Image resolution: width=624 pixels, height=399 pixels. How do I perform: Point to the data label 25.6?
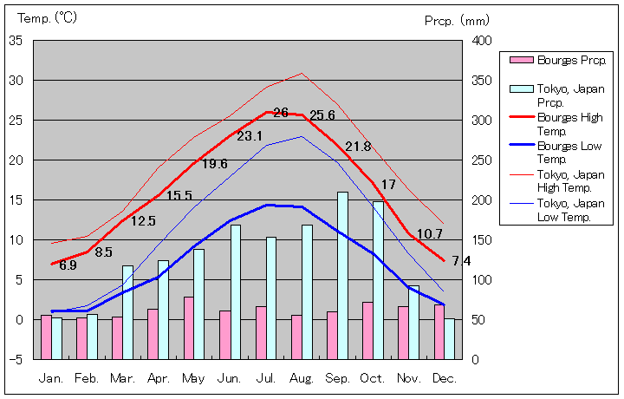pyautogui.click(x=322, y=115)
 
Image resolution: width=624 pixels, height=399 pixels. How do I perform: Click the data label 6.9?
pyautogui.click(x=68, y=265)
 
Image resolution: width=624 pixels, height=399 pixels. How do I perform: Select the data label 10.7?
pyautogui.click(x=429, y=233)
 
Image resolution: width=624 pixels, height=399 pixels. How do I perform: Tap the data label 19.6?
pyautogui.click(x=214, y=164)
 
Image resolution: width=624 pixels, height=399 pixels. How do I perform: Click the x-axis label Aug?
pyautogui.click(x=302, y=378)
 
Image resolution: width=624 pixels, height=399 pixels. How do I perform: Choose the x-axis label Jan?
pyautogui.click(x=51, y=378)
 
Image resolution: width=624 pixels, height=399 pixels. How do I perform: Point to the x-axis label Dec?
pyautogui.click(x=445, y=378)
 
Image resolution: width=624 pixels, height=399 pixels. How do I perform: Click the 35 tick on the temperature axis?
pyautogui.click(x=16, y=41)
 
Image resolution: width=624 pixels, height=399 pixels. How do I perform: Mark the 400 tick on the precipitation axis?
pyautogui.click(x=482, y=41)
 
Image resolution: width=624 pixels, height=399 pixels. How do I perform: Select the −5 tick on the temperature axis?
pyautogui.click(x=16, y=359)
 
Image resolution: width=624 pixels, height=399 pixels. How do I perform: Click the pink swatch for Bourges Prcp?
pyautogui.click(x=521, y=60)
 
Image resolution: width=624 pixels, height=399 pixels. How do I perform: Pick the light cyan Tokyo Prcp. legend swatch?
pyautogui.click(x=521, y=88)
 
